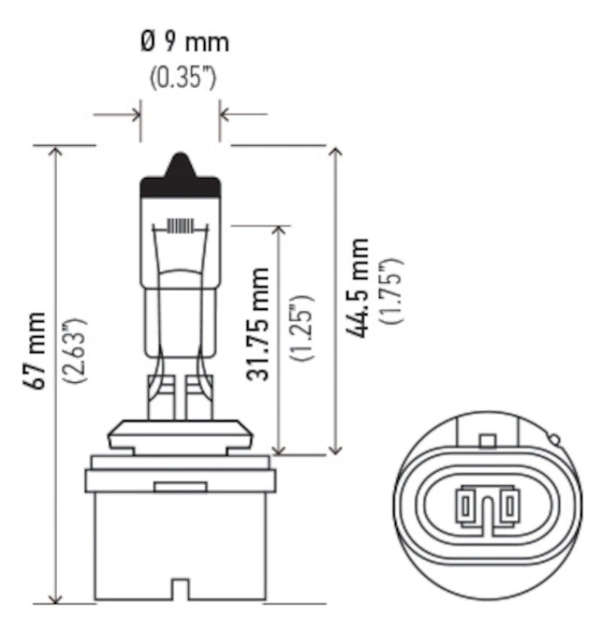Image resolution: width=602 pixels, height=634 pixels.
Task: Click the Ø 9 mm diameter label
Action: pos(184,43)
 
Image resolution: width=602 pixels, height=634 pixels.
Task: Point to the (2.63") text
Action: pos(76,350)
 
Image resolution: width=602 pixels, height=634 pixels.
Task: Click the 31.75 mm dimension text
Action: pos(259,323)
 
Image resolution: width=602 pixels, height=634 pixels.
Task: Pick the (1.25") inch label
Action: pos(303,328)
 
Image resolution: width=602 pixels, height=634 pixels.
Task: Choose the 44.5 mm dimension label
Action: pos(358,287)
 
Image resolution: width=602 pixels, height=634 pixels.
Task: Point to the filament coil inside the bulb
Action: pos(181,226)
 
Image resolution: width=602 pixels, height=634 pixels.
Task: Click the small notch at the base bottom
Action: pos(180,588)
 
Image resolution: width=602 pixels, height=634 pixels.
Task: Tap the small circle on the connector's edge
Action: pos(554,439)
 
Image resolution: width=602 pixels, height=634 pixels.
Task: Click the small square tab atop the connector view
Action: pos(488,440)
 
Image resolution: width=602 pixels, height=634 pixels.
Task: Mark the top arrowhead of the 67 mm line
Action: pos(55,151)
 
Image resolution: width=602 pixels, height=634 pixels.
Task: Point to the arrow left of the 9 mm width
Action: pos(135,115)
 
